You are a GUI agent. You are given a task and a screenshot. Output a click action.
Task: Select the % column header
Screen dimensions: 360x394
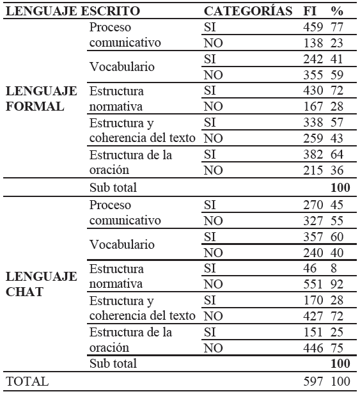[x=336, y=11]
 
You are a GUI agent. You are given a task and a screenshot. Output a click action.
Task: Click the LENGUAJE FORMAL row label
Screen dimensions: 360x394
[x=42, y=99]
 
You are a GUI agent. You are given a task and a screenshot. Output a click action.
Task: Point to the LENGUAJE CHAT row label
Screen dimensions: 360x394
[x=42, y=284]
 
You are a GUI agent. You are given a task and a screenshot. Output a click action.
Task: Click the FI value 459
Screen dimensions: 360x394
[x=313, y=28]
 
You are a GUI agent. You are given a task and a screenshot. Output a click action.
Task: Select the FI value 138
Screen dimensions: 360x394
[x=313, y=43]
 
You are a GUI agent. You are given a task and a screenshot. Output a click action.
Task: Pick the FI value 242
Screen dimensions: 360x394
[x=313, y=59]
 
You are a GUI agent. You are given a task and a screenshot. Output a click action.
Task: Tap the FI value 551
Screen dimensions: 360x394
[x=313, y=284]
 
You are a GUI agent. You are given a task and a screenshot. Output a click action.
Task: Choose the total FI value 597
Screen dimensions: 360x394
[x=313, y=381]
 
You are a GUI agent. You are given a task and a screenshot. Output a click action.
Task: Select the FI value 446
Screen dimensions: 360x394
[x=313, y=348]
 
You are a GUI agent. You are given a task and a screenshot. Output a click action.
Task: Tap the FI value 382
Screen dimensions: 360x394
[x=313, y=155]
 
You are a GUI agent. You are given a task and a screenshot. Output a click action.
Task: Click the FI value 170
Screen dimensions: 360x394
[x=313, y=300]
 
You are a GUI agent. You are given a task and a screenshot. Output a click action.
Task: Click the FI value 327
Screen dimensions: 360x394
[x=313, y=221]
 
